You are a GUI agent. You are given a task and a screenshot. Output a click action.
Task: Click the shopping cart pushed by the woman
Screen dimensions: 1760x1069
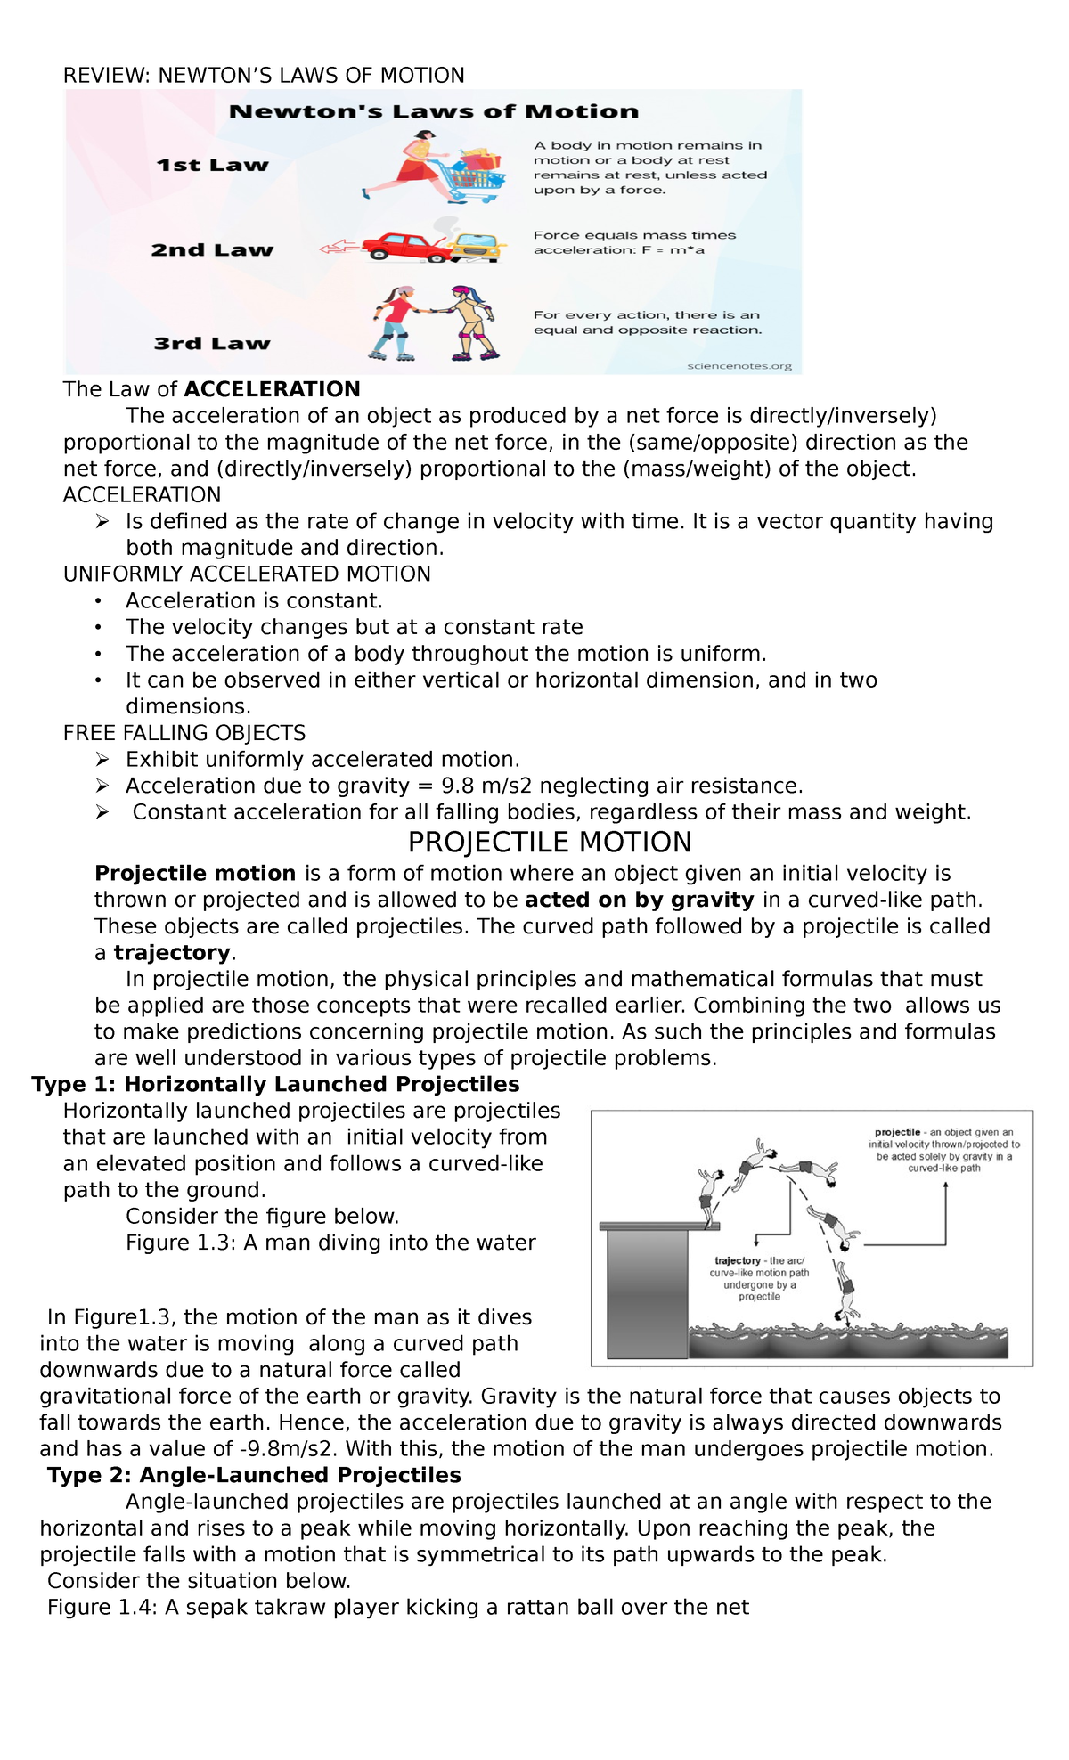click(x=474, y=177)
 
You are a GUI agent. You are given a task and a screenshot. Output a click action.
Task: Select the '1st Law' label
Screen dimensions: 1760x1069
click(x=212, y=166)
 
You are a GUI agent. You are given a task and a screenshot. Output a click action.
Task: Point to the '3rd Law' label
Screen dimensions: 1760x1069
click(x=212, y=344)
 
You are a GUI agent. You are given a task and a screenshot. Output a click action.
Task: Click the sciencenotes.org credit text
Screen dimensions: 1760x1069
click(x=739, y=366)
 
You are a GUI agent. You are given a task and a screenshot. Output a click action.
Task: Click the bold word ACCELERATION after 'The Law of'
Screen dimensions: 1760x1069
click(x=272, y=389)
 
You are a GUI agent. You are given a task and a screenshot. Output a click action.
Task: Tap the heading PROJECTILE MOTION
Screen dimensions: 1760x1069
click(x=550, y=843)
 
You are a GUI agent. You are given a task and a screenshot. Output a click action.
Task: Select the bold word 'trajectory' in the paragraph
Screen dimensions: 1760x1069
click(x=172, y=953)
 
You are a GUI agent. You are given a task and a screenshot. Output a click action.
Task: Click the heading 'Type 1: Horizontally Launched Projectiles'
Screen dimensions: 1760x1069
click(x=275, y=1085)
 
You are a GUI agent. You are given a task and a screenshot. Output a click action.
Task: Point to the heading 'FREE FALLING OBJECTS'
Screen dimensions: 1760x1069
click(x=184, y=733)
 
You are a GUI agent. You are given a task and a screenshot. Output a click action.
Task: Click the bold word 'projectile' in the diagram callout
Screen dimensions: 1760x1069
click(x=897, y=1132)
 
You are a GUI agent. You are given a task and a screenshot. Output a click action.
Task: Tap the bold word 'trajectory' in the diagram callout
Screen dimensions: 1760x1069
click(x=738, y=1260)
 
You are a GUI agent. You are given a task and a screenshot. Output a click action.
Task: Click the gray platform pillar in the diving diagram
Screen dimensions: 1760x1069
click(x=648, y=1292)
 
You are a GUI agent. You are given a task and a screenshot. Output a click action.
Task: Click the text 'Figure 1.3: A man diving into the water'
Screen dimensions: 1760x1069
click(x=330, y=1243)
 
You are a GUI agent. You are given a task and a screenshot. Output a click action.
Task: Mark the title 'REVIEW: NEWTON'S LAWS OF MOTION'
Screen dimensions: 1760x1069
click(x=264, y=76)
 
